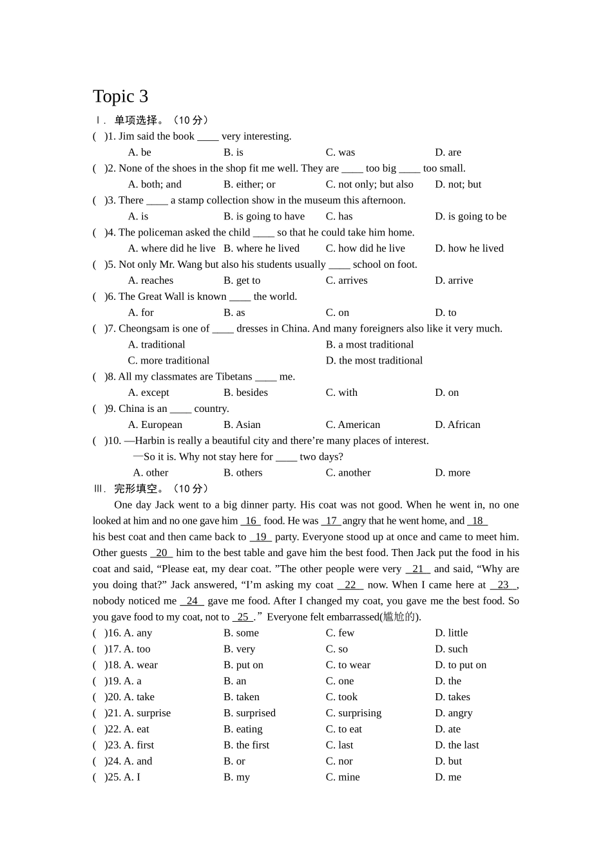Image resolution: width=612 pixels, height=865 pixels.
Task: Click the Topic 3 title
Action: coord(120,97)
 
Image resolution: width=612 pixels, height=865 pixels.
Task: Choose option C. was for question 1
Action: coord(340,153)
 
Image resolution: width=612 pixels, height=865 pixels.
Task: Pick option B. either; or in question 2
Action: coord(249,185)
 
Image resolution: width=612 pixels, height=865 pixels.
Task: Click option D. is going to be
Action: coord(470,216)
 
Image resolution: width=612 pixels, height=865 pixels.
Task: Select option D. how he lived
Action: coord(469,248)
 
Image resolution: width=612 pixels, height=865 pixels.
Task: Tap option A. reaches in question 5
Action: coord(151,281)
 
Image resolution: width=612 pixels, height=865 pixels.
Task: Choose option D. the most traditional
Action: coord(374,361)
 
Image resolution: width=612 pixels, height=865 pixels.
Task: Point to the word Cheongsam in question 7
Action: coord(149,329)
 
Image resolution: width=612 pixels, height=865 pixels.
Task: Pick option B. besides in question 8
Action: coord(245,393)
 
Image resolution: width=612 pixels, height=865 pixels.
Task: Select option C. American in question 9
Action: coord(353,425)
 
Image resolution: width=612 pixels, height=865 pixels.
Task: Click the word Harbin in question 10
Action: coord(150,441)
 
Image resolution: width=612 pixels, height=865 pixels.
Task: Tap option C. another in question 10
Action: coord(348,473)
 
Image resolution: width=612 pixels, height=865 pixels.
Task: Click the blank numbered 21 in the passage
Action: coord(417,569)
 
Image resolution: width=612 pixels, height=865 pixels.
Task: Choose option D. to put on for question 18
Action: coord(461,665)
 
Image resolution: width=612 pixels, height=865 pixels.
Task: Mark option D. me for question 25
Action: coord(448,777)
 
